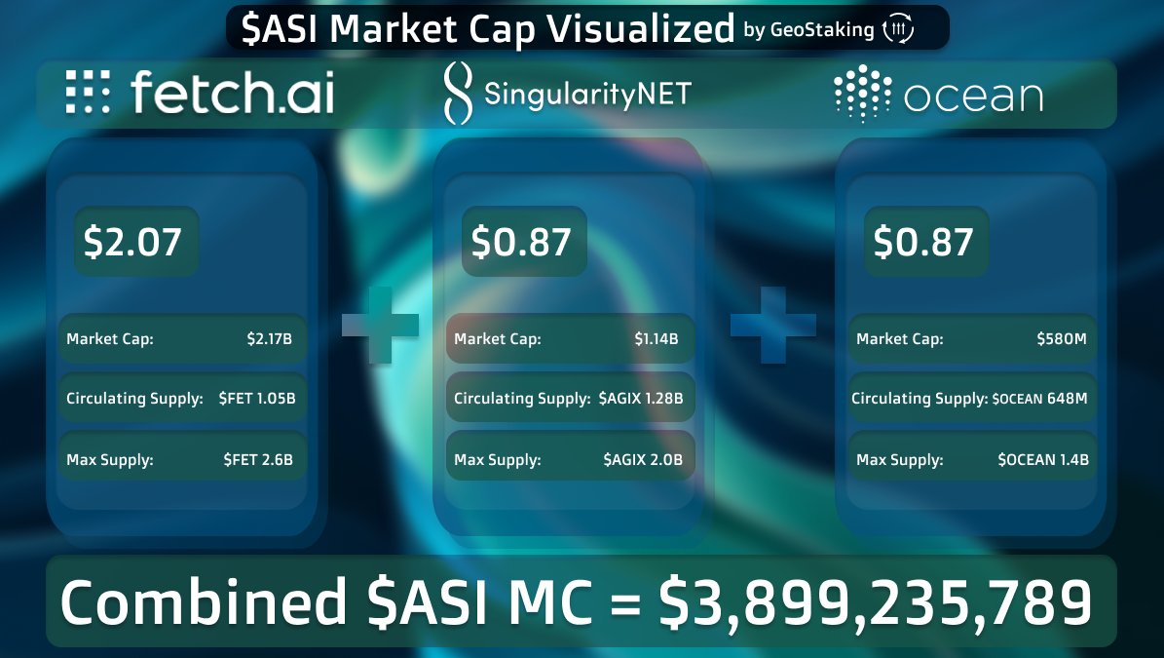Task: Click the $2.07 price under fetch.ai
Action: coord(133,242)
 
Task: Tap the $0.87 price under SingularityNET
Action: coord(521,242)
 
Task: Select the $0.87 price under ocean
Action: coord(923,242)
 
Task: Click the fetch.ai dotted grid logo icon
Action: coord(88,94)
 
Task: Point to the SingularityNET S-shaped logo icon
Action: coord(457,94)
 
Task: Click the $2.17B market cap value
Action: coord(270,339)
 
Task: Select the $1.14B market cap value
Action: coord(657,339)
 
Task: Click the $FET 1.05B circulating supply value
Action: coord(256,399)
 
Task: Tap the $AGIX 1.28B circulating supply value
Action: coord(641,399)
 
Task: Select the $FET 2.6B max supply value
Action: coord(258,459)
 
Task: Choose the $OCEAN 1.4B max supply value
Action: coord(1043,459)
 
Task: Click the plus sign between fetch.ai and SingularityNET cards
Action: coord(380,326)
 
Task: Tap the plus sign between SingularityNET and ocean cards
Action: coord(773,326)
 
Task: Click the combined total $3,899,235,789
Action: coord(875,601)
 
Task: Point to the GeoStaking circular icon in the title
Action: coord(897,30)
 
